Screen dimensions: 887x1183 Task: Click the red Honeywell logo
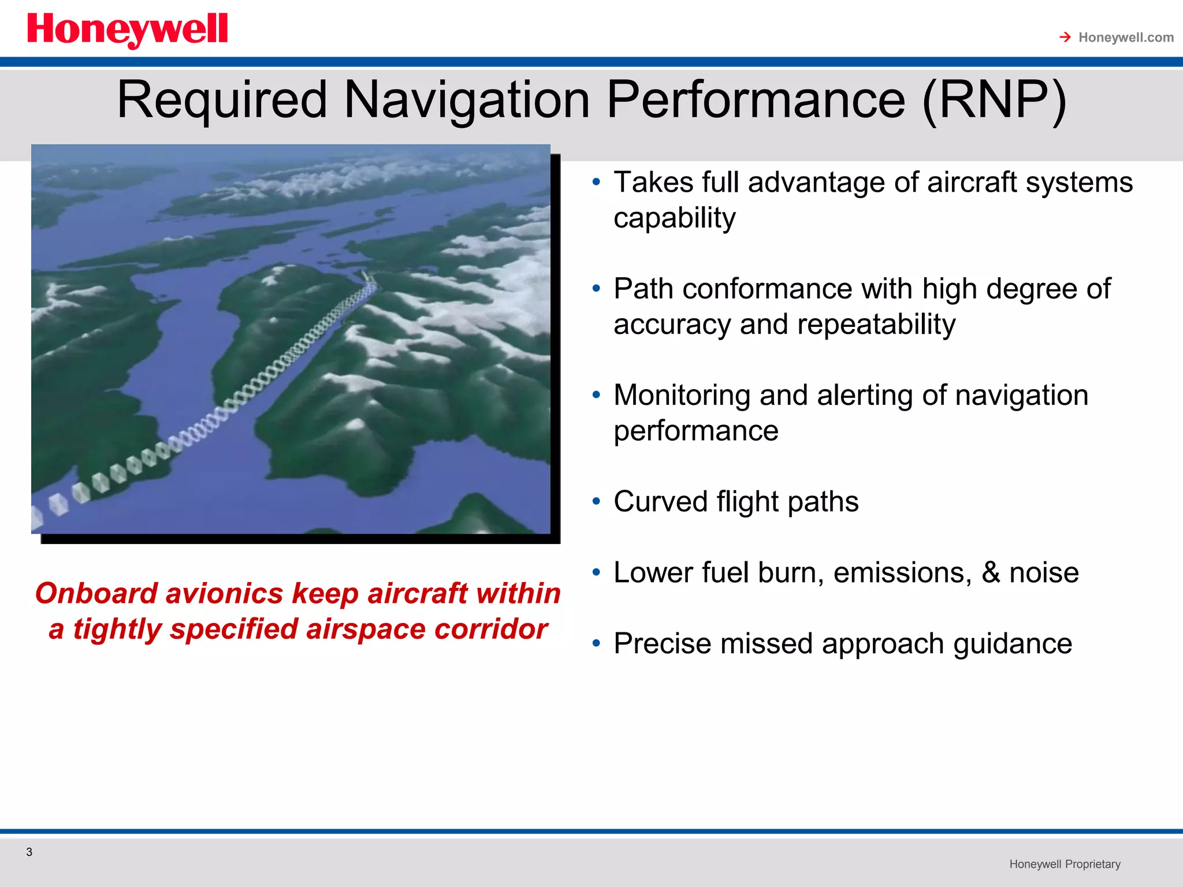[127, 30]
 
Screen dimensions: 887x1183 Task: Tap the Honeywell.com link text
[1125, 38]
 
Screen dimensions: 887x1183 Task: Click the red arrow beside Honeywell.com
[1065, 38]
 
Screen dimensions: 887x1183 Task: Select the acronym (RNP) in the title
[994, 100]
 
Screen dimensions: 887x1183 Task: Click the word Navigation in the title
[467, 100]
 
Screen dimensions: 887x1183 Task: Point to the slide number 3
[29, 852]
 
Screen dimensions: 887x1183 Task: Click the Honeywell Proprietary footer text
[1065, 864]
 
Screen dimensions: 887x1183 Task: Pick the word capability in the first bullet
[674, 218]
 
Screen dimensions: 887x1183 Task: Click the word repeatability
[876, 324]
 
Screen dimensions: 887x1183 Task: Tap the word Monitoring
[682, 396]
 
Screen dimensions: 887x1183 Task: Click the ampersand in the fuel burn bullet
[991, 572]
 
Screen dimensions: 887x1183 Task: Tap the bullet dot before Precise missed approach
[596, 643]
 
